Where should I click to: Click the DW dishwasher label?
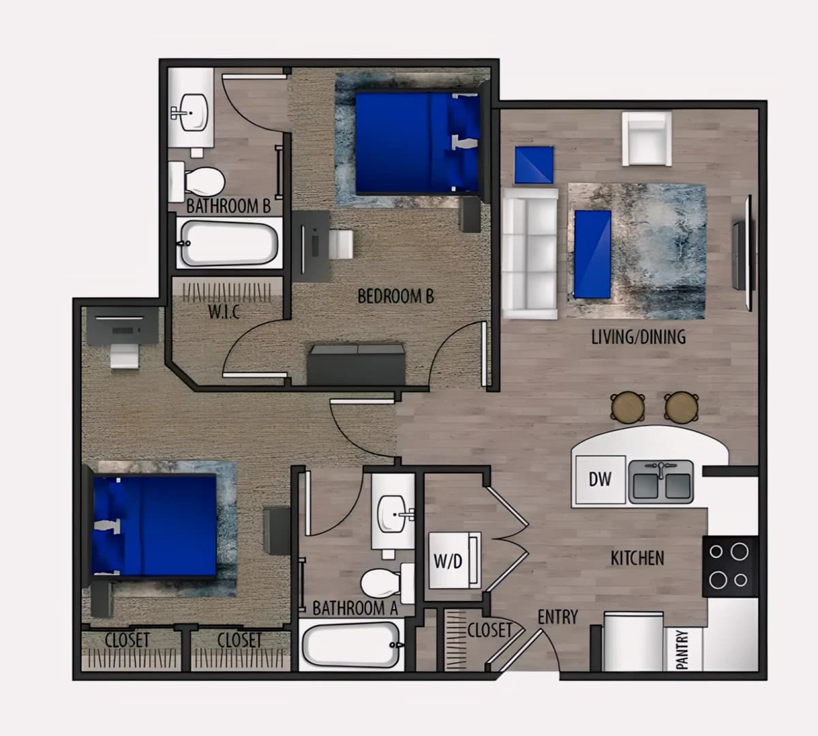[x=600, y=480]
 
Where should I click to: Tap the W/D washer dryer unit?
[x=455, y=561]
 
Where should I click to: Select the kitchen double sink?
[x=661, y=482]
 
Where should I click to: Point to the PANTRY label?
[x=682, y=650]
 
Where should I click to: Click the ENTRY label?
[x=558, y=617]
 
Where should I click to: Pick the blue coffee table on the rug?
[x=592, y=254]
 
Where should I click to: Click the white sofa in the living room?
[x=530, y=254]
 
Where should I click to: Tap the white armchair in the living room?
[x=647, y=139]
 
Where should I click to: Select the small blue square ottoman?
[x=534, y=164]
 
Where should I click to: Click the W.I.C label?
[x=224, y=312]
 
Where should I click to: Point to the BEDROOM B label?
[x=395, y=296]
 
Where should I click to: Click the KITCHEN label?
[x=637, y=558]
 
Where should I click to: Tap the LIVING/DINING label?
[x=639, y=337]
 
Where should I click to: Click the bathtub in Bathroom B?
[x=230, y=244]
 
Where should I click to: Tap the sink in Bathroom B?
[x=192, y=112]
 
